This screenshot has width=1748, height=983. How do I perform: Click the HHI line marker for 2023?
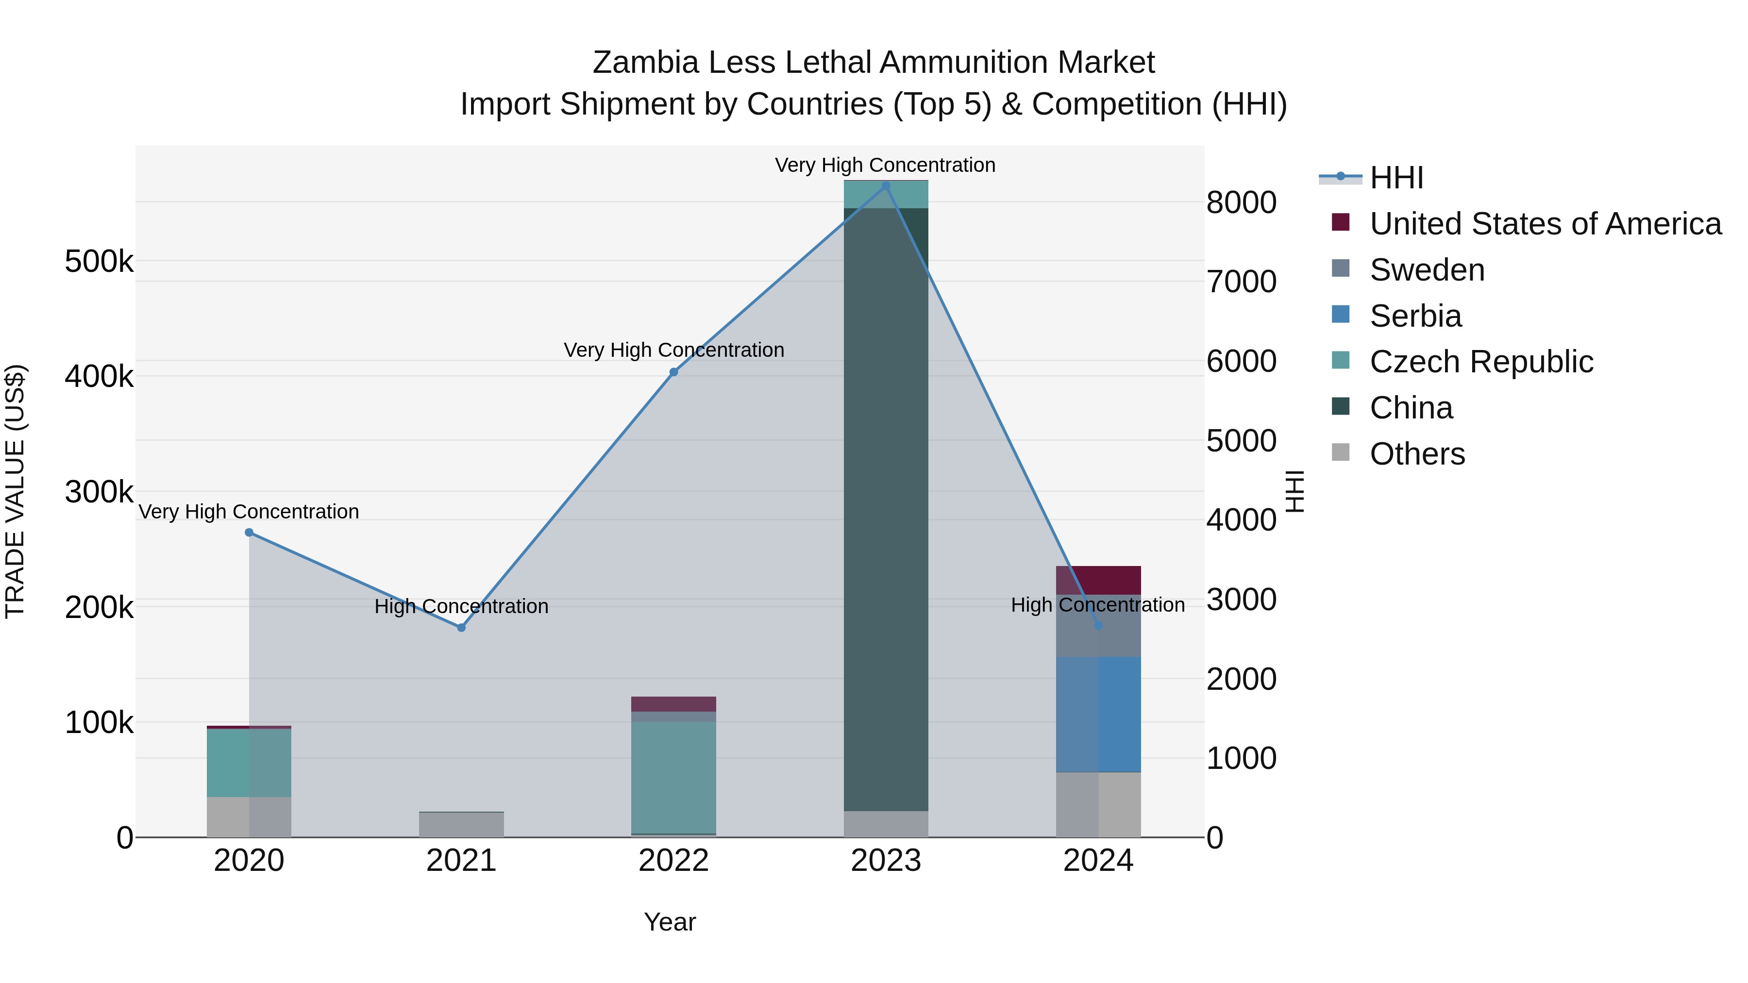pos(886,186)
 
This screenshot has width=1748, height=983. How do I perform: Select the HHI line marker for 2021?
pos(461,628)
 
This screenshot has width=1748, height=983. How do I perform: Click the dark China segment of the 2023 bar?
pos(886,509)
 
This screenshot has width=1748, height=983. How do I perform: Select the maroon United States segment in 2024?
pos(1098,580)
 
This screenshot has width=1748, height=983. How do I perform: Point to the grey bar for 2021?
pos(461,824)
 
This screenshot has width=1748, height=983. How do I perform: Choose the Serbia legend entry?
pos(1415,316)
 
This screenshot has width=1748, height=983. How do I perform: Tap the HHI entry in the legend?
pos(1396,178)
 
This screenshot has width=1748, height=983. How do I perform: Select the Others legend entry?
pos(1417,454)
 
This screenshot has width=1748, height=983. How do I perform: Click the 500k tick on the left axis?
pos(99,261)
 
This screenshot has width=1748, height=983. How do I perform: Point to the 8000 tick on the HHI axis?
pos(1241,202)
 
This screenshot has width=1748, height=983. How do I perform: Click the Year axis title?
pos(670,922)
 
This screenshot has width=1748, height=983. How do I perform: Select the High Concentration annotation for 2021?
pos(461,606)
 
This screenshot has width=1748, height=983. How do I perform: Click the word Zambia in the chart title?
pos(645,63)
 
